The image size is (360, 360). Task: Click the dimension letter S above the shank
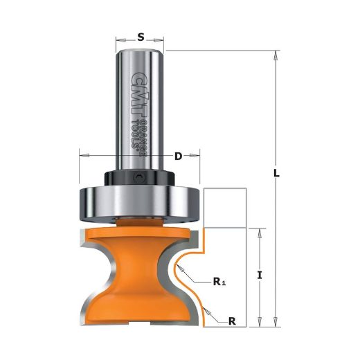(141, 37)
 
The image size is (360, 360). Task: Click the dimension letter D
(178, 156)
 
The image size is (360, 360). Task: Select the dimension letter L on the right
(276, 173)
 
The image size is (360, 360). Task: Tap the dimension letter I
(260, 275)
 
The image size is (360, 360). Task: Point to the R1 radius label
(219, 282)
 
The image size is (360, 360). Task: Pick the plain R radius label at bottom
(232, 321)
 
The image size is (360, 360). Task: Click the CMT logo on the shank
(140, 95)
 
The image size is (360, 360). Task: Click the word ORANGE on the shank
(144, 138)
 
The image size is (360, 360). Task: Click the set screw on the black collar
(139, 177)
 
